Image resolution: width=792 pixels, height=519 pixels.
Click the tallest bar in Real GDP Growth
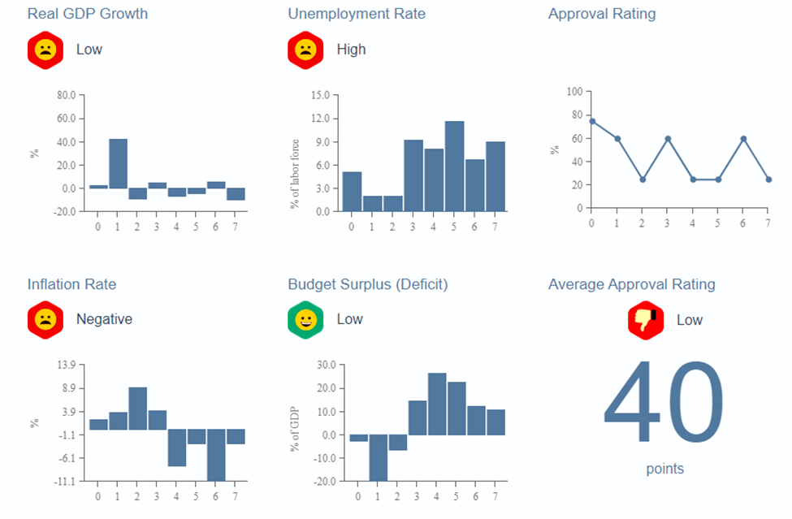[118, 163]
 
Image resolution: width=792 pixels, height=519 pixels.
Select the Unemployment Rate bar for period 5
[454, 167]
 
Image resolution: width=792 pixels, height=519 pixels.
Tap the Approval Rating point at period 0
[591, 121]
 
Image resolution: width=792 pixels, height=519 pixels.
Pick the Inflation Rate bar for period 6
[215, 455]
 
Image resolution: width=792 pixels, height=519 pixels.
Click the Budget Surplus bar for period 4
[436, 404]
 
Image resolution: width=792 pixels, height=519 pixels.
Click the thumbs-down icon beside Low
[646, 320]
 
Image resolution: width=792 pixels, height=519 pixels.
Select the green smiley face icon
[305, 320]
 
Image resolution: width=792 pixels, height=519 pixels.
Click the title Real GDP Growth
[88, 14]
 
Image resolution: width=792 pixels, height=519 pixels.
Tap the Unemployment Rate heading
[357, 14]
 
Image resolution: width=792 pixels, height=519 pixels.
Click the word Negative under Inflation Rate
[104, 319]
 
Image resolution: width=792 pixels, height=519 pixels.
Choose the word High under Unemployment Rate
[351, 50]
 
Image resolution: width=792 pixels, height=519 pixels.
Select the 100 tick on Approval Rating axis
[574, 92]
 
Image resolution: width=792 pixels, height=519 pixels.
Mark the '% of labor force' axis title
[295, 173]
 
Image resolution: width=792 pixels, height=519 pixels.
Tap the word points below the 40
[664, 469]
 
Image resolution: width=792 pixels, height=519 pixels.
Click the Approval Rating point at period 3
[667, 139]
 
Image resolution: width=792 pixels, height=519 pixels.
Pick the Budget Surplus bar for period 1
[377, 457]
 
